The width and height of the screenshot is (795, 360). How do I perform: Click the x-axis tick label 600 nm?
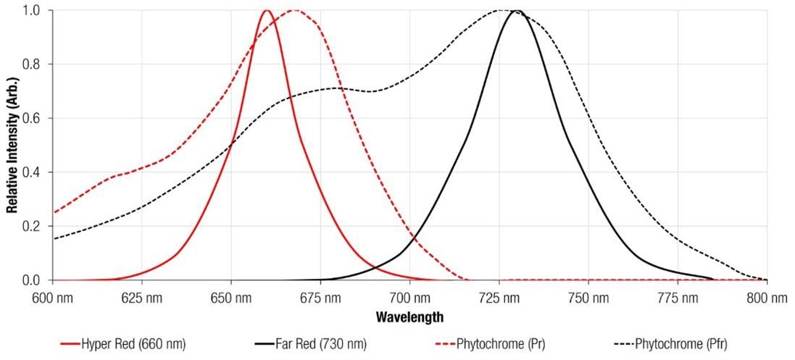coord(54,298)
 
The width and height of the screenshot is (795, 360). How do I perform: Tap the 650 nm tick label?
coord(231,298)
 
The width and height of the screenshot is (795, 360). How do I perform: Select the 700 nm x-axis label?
coord(409,298)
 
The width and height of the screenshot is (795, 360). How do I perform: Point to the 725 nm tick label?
coord(499,298)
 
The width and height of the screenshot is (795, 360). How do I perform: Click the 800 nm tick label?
coord(766,298)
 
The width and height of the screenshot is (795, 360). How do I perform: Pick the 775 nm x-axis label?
coord(677,298)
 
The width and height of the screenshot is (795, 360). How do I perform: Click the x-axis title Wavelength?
coord(409,317)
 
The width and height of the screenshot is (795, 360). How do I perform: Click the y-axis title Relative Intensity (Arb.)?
coord(12,145)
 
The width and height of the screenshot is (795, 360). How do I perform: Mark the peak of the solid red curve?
coord(267,11)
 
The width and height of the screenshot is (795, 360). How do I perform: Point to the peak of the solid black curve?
coord(517,11)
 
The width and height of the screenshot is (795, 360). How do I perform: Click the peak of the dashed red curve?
coord(294,11)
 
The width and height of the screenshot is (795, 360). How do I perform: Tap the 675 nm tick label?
coord(320,298)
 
